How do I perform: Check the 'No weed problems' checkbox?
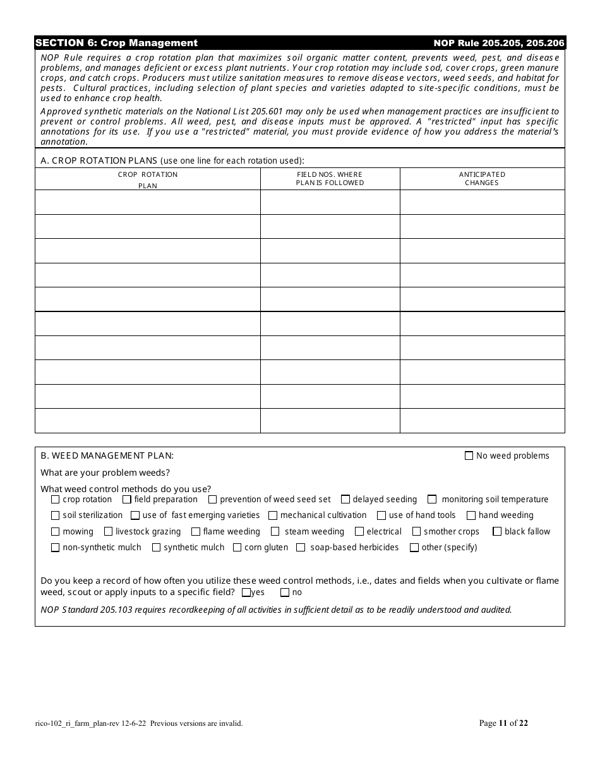(469, 455)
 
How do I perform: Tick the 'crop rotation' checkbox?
(56, 499)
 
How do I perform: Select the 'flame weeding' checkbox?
(196, 531)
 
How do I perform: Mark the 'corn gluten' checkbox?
(237, 547)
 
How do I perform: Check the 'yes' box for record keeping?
(246, 593)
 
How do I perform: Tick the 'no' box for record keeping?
(285, 593)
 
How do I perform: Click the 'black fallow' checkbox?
(497, 531)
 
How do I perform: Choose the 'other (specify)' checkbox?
(414, 547)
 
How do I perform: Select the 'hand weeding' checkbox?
(471, 515)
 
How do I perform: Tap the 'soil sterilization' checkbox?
(56, 515)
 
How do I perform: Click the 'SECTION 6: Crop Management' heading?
(116, 43)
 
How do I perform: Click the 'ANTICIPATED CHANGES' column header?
(482, 179)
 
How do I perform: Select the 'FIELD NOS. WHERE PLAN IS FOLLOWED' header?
(330, 179)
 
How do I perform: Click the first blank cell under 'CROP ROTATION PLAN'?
(147, 202)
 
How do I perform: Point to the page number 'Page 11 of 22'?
(503, 723)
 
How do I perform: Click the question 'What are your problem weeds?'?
(105, 473)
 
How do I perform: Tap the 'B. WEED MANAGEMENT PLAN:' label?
(107, 455)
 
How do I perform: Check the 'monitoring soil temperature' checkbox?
(432, 499)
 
